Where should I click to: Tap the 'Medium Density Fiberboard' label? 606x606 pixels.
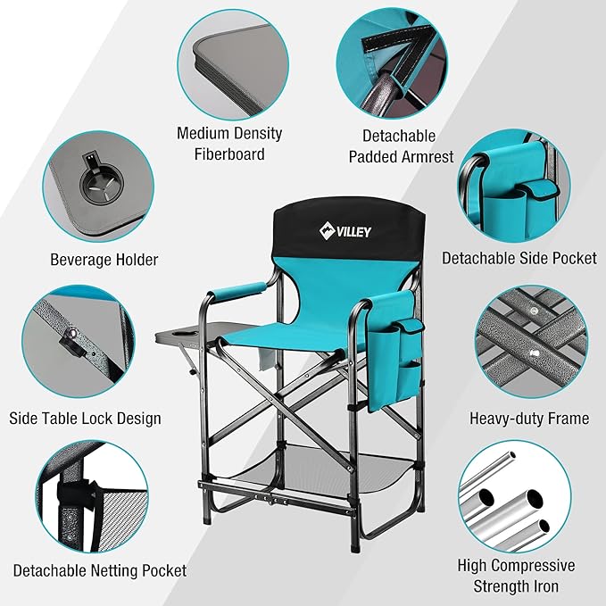click(229, 144)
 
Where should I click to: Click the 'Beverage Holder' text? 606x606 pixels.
click(104, 260)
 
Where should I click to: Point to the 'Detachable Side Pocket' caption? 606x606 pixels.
click(519, 258)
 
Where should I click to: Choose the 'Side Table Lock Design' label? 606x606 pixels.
click(85, 418)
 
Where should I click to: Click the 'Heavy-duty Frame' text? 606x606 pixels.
click(529, 418)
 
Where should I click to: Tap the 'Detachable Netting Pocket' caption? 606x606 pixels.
click(99, 570)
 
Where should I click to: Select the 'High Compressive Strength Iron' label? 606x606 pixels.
click(516, 576)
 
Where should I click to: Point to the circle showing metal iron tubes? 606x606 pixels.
click(515, 496)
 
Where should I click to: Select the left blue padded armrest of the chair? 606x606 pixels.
click(239, 292)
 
